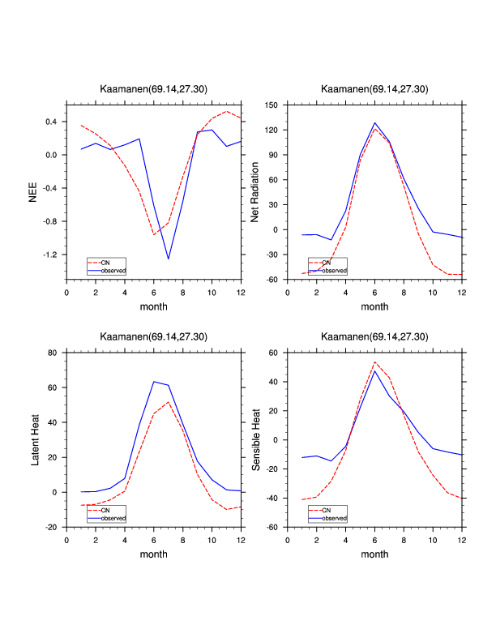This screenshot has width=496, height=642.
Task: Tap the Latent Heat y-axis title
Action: tap(34, 439)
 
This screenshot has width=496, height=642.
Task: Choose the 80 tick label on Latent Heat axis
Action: tap(52, 353)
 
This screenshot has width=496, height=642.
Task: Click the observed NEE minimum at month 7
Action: tap(169, 259)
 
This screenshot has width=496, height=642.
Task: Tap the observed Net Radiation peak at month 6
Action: tap(374, 123)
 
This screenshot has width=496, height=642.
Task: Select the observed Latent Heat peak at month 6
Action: tap(154, 381)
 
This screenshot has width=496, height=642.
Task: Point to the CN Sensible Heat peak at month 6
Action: tap(374, 362)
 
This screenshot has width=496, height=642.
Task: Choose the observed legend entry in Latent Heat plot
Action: tap(113, 518)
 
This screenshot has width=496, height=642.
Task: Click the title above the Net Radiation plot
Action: tap(374, 89)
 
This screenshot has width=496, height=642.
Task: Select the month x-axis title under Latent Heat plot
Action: tap(154, 554)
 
